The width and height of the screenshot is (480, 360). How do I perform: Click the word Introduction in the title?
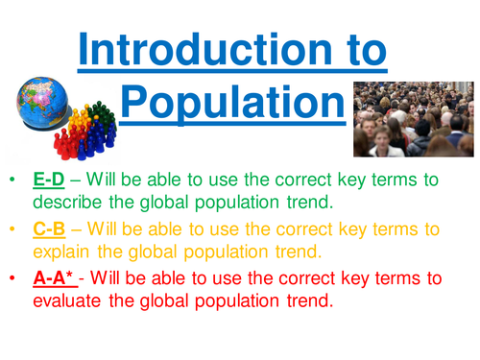click(203, 45)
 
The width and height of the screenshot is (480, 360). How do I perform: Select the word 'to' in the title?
click(361, 45)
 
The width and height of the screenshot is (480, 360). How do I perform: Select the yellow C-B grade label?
click(49, 230)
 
